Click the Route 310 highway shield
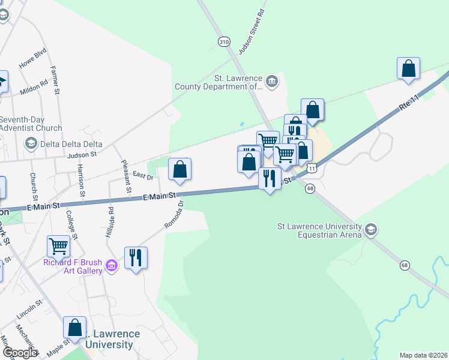pyautogui.click(x=223, y=41)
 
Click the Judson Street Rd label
pyautogui.click(x=252, y=32)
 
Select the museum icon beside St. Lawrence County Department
pyautogui.click(x=271, y=81)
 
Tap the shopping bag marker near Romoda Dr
pyautogui.click(x=179, y=170)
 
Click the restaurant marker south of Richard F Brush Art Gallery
pyautogui.click(x=136, y=258)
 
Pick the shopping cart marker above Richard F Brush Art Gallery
pyautogui.click(x=58, y=245)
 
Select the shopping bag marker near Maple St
pyautogui.click(x=75, y=328)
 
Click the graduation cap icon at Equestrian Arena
pyautogui.click(x=371, y=229)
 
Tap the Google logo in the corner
pyautogui.click(x=19, y=352)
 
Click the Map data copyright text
pyautogui.click(x=423, y=355)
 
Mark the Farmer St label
pyautogui.click(x=56, y=80)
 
